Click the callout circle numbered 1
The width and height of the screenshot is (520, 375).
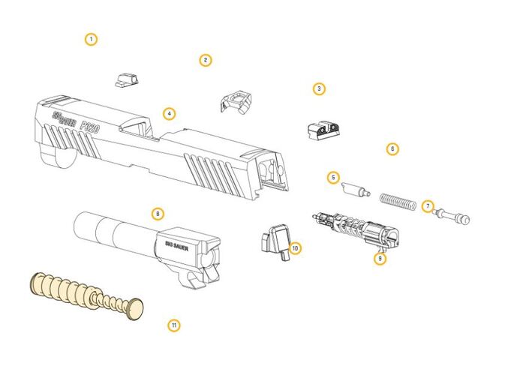(91, 40)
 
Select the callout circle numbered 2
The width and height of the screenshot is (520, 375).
(206, 60)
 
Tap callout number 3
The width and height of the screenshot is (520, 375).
(319, 88)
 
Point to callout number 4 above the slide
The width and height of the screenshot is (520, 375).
(169, 114)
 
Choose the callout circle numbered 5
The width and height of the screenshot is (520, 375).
(333, 178)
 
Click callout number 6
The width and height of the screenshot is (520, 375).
(392, 148)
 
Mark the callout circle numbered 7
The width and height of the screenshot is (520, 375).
(428, 206)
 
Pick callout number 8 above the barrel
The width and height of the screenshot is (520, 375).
(158, 214)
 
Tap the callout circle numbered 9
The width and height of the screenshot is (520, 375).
(380, 258)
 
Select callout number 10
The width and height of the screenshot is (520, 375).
(295, 248)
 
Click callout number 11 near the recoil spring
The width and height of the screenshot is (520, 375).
(174, 325)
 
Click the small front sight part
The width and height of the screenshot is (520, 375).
(127, 80)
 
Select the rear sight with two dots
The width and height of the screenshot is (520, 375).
(324, 131)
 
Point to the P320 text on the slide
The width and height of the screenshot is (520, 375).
(89, 127)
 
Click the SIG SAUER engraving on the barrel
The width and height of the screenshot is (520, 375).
(177, 246)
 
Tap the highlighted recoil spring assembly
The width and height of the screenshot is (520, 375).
(86, 295)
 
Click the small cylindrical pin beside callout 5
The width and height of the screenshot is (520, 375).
(356, 190)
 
